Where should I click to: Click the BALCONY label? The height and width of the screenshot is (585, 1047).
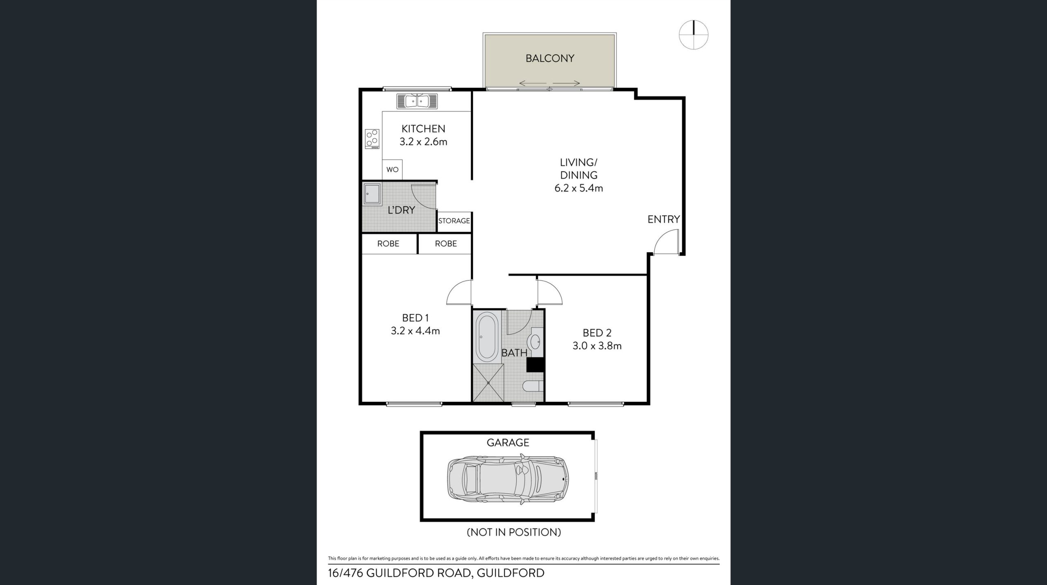550,58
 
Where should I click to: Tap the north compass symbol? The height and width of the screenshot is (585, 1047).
694,35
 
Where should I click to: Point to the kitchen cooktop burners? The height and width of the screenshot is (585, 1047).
86,139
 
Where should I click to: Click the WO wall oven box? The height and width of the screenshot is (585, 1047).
392,169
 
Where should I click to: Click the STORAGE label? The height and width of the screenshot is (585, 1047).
454,221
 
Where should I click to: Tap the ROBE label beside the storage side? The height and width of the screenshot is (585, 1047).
446,244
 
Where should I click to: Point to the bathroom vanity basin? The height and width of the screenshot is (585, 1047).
535,341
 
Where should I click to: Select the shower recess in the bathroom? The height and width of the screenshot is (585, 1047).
488,383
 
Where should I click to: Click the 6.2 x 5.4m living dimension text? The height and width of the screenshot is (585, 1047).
579,188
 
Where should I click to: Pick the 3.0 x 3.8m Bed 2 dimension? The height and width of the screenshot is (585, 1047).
597,346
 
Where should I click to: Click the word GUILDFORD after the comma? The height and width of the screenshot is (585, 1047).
510,573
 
